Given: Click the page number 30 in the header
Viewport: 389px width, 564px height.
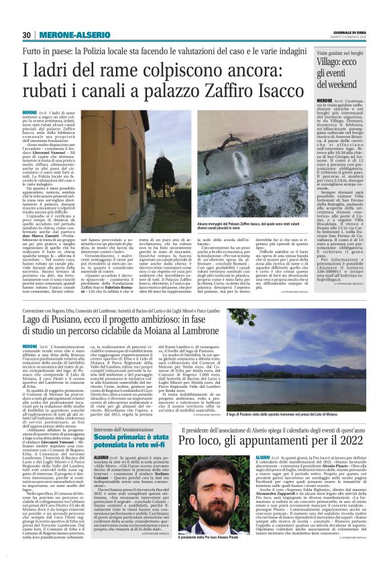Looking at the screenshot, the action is [27, 35].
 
